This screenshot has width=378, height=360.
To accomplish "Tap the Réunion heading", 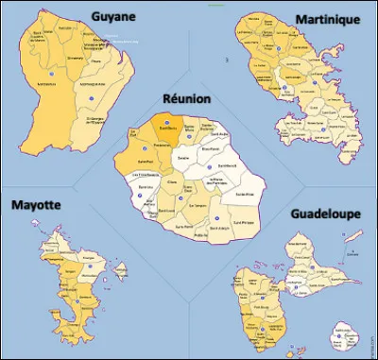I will coord(185,98).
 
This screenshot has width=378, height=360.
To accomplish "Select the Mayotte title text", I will coord(35,205).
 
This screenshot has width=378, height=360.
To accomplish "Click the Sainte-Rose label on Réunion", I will coord(248,195).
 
